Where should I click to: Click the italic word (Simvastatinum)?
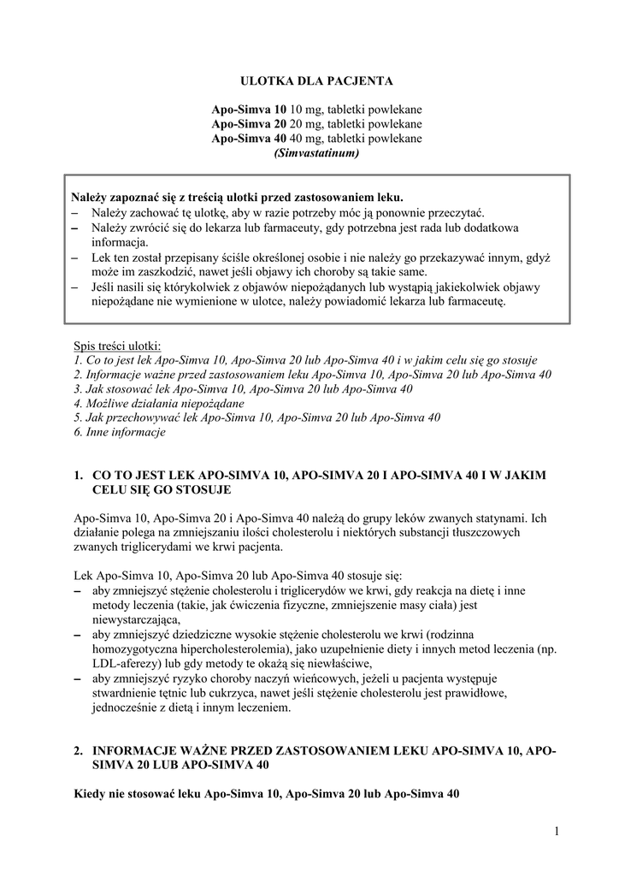[x=316, y=153]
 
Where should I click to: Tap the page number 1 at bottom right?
[x=555, y=831]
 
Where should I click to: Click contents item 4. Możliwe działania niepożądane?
[x=159, y=403]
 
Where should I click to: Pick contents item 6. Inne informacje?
[x=120, y=432]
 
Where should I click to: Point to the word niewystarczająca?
[x=135, y=619]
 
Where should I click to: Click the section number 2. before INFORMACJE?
[x=79, y=750]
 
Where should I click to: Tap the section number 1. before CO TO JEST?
[x=79, y=475]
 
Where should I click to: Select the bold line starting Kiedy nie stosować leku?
[x=267, y=793]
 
